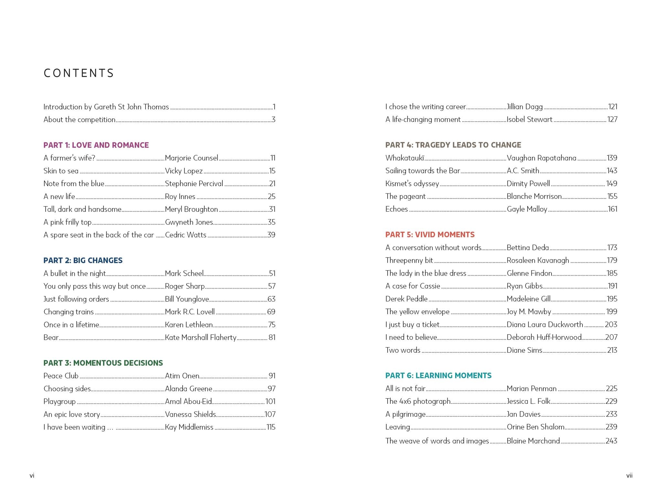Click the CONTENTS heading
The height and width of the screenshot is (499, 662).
click(79, 73)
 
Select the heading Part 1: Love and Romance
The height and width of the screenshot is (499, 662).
click(96, 145)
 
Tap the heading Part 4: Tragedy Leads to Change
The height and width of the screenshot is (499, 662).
click(453, 145)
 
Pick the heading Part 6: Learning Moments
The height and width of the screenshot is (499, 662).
click(438, 375)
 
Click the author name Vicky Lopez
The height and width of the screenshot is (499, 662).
click(184, 171)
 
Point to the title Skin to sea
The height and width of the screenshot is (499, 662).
click(61, 171)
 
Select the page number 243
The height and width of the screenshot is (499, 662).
click(611, 441)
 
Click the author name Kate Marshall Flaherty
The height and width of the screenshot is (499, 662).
click(200, 338)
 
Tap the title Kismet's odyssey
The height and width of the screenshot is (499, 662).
click(412, 183)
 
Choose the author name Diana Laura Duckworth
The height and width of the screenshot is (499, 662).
click(545, 325)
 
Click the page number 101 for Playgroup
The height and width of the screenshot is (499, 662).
click(270, 402)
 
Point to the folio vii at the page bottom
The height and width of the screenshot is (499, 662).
click(629, 475)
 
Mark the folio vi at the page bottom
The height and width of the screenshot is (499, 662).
click(32, 475)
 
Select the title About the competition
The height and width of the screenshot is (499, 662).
click(79, 120)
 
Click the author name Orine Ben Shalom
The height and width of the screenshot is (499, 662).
click(535, 427)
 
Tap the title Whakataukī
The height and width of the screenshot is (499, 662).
click(404, 158)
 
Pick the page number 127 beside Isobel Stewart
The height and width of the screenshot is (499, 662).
click(612, 119)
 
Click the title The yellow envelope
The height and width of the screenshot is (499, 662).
click(417, 312)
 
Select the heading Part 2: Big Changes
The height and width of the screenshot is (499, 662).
click(83, 261)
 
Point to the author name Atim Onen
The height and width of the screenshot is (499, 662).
click(182, 376)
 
